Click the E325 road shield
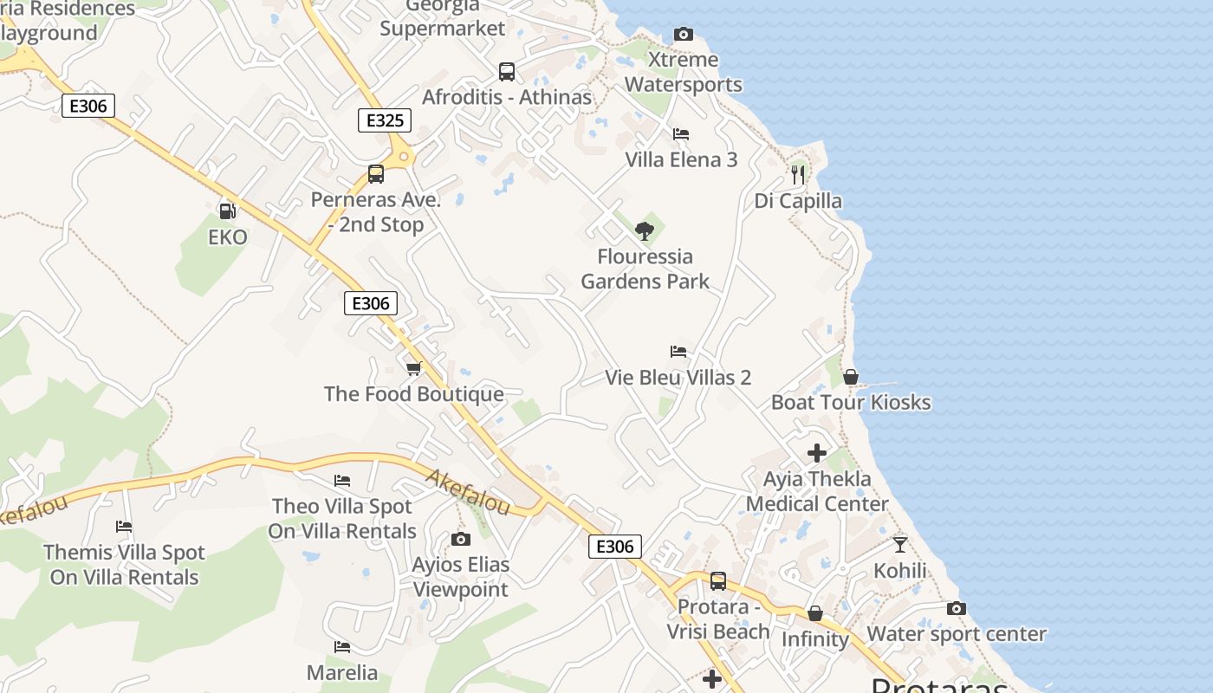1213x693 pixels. click(385, 120)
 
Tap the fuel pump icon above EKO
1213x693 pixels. click(228, 210)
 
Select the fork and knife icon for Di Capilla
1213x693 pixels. click(798, 174)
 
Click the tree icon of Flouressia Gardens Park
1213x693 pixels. click(644, 230)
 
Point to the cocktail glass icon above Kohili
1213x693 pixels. click(900, 545)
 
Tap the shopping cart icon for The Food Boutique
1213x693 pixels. click(414, 368)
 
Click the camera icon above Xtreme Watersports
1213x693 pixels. click(684, 35)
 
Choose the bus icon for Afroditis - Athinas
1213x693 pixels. click(507, 72)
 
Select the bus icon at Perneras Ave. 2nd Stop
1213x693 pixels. click(376, 174)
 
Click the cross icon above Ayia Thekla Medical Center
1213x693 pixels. click(816, 452)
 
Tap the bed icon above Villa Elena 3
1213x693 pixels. click(681, 134)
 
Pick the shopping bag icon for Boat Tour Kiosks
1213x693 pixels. click(851, 377)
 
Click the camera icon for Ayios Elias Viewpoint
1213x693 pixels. click(461, 540)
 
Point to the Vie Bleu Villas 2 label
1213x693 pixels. click(678, 378)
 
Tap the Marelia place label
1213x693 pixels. click(342, 672)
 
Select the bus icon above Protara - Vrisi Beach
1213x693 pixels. click(718, 581)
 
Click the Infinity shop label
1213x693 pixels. click(815, 639)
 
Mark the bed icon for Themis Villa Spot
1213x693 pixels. click(124, 527)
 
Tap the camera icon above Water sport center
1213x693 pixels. click(957, 609)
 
